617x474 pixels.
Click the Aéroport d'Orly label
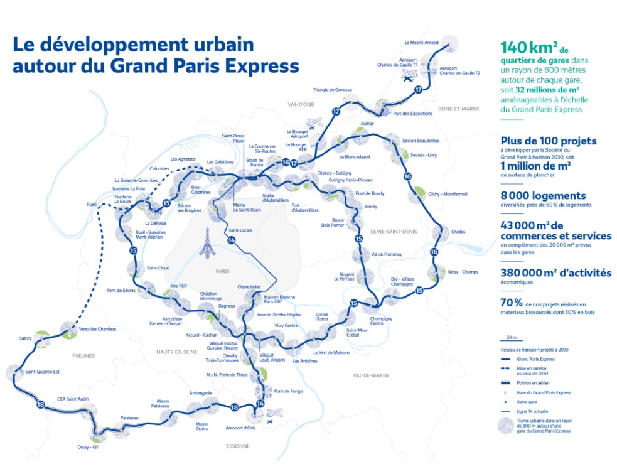coord(240,429)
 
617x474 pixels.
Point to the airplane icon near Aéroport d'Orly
coord(273,416)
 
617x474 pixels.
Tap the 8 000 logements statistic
coord(543,196)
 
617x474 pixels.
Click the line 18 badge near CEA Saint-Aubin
coord(41,404)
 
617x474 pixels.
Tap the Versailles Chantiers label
coord(97,329)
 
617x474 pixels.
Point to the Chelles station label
coord(458,232)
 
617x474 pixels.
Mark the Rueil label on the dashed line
coord(92,205)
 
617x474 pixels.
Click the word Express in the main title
coord(264,66)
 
